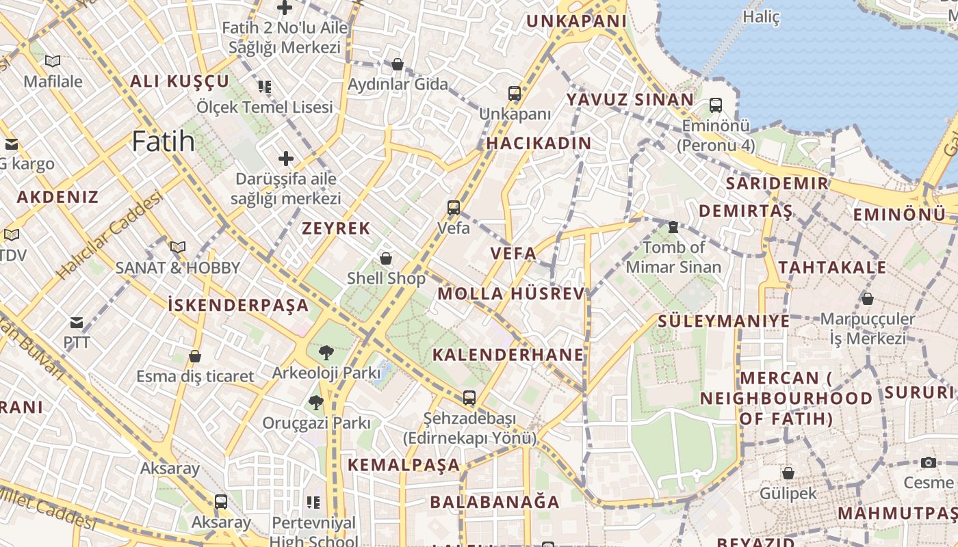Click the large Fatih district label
click(163, 142)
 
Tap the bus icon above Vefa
click(453, 208)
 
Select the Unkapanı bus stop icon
click(515, 94)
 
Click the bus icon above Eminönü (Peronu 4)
click(716, 105)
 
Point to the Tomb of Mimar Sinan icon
click(673, 227)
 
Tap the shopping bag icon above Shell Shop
click(386, 258)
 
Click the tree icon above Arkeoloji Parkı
click(326, 353)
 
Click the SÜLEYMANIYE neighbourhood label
click(723, 321)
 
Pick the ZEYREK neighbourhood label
click(336, 228)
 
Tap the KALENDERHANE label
click(508, 354)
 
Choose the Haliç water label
click(761, 17)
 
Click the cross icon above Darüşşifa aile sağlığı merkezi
click(286, 159)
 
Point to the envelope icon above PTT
click(77, 323)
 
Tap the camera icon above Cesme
click(929, 463)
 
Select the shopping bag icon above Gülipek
click(788, 473)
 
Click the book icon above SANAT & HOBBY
click(178, 248)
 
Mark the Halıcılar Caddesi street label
click(109, 235)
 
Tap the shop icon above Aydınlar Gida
click(398, 65)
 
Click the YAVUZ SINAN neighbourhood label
click(630, 100)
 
